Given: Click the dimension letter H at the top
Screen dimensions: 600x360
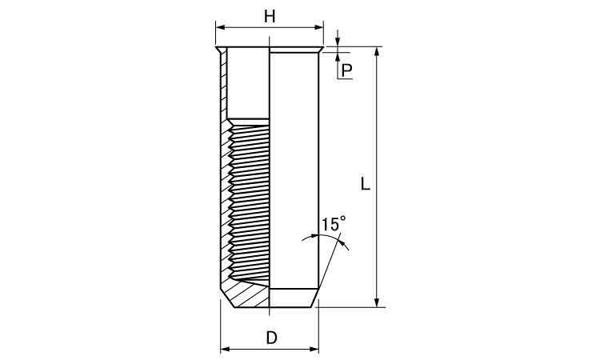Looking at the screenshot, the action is tap(270, 17).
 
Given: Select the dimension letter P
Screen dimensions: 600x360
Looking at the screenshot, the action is tap(346, 70).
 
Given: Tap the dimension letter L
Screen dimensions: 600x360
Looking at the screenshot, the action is tap(366, 184).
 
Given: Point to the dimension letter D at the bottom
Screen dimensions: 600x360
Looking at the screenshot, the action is tap(271, 338).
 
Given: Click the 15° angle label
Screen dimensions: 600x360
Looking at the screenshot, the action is tap(333, 224).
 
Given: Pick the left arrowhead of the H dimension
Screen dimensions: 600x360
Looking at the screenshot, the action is tap(221, 27).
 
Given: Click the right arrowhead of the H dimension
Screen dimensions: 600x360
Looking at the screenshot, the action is tap(318, 27).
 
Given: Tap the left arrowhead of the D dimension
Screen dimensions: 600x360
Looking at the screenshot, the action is tap(226, 349).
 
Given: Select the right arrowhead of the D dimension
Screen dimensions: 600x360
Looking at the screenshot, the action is tap(314, 349).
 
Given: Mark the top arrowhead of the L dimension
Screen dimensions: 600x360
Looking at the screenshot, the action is tap(377, 51).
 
